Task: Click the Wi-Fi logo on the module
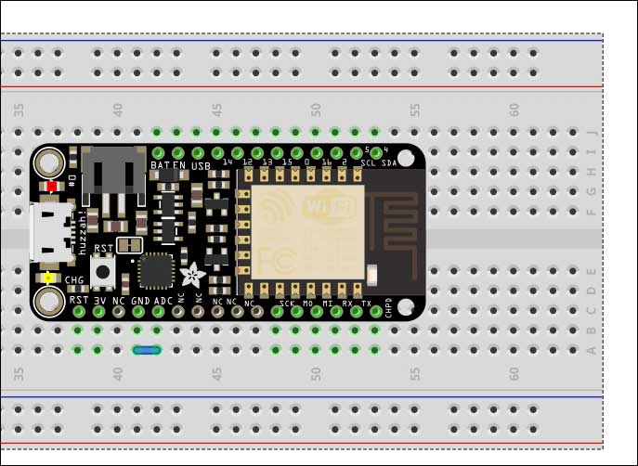coord(329,202)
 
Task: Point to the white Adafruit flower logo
coord(193,274)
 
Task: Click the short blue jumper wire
coord(147,350)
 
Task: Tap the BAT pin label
coord(159,165)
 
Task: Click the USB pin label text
coord(201,165)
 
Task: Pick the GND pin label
coord(139,301)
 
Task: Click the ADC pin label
coord(162,301)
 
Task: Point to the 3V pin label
coord(99,301)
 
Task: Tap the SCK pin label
coord(287,303)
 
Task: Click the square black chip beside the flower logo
coord(155,271)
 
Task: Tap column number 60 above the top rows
coord(514,110)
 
